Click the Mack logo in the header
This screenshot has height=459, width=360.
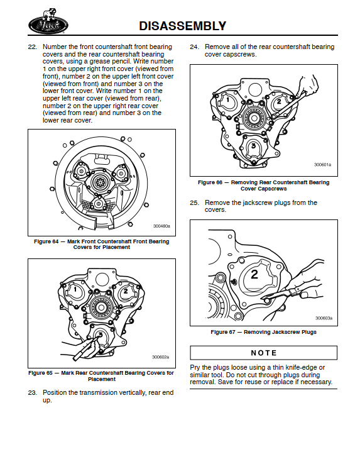pyautogui.click(x=48, y=22)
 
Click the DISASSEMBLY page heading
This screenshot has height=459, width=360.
pyautogui.click(x=182, y=26)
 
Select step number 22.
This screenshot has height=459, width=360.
pyautogui.click(x=33, y=47)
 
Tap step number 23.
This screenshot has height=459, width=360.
pyautogui.click(x=33, y=393)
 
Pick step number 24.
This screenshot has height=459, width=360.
pyautogui.click(x=195, y=47)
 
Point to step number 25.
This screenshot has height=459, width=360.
pyautogui.click(x=195, y=202)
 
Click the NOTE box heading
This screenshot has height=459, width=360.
pyautogui.click(x=264, y=353)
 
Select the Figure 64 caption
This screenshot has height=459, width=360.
pyautogui.click(x=102, y=245)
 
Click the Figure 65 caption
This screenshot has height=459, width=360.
pyautogui.click(x=102, y=376)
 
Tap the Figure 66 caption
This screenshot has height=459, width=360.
pyautogui.click(x=263, y=185)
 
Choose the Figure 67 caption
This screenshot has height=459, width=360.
pyautogui.click(x=263, y=332)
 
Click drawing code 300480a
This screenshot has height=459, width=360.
pyautogui.click(x=161, y=226)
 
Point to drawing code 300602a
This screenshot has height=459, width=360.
pyautogui.click(x=161, y=357)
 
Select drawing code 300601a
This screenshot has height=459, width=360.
pyautogui.click(x=322, y=165)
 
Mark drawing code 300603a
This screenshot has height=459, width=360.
pyautogui.click(x=324, y=318)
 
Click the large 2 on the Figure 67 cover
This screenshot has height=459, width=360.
pyautogui.click(x=254, y=274)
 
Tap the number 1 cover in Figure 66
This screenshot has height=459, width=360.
pyautogui.click(x=227, y=101)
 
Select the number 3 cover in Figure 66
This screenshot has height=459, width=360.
pyautogui.click(x=254, y=147)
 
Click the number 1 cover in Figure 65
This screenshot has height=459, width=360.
pyautogui.click(x=74, y=290)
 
